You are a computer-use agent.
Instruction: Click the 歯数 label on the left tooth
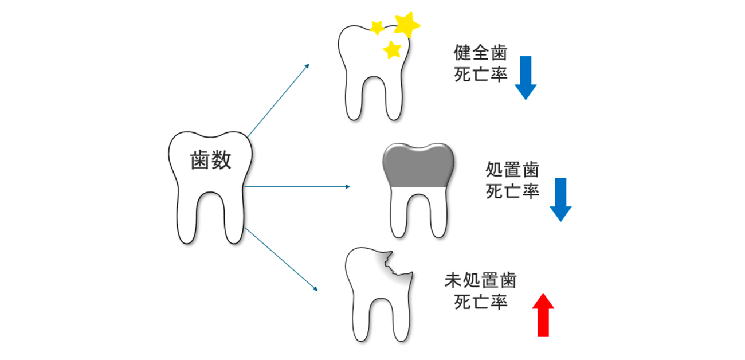point(210,161)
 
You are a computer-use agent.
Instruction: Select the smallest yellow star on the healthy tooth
point(377,27)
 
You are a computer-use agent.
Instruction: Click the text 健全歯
point(480,54)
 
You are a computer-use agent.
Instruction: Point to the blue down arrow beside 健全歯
point(525,77)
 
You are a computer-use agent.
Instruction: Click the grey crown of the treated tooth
point(418,165)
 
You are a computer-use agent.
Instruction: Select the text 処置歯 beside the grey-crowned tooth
point(512,170)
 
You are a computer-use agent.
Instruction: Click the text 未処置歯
point(480,281)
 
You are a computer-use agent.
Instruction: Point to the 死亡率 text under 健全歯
point(480,75)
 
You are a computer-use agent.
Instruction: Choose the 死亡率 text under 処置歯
point(512,191)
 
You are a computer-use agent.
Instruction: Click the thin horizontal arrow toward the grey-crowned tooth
point(296,187)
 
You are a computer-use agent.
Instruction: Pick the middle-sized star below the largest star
point(393,49)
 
